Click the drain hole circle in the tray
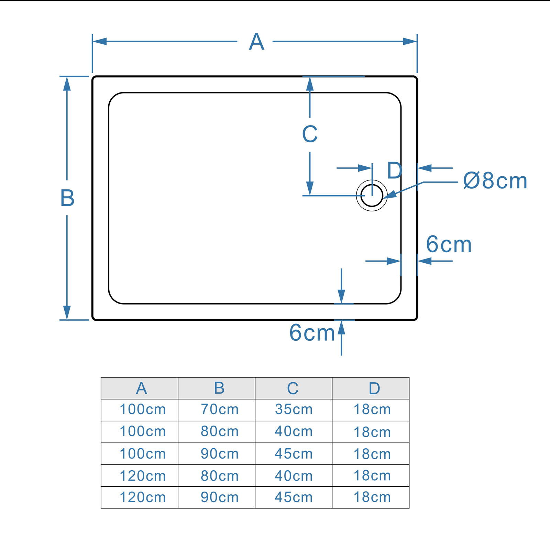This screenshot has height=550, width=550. coord(372,196)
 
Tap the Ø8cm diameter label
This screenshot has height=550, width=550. coord(495,181)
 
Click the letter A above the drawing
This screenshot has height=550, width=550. coord(256,42)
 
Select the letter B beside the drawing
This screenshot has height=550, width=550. coord(67,198)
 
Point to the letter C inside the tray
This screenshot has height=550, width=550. coord(310,134)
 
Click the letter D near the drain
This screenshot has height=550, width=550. coord(394,170)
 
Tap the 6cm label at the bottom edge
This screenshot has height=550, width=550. coord(312,333)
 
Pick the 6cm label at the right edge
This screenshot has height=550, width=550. coord(449,244)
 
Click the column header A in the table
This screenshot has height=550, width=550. coord(141,388)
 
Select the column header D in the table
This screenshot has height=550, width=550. coord(374,388)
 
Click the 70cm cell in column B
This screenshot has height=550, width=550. coord(220,409)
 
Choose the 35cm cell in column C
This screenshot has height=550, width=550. coord(294,409)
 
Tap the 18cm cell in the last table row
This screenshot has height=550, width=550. coord(372,497)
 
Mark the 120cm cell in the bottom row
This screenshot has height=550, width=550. coord(143,497)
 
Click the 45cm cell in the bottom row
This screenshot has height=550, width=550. coord(294,497)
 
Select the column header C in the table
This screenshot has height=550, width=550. coord(293,388)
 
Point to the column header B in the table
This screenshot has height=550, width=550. coord(219,388)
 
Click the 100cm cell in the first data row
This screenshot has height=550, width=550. coord(143,409)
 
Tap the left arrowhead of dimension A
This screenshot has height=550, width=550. coord(100,42)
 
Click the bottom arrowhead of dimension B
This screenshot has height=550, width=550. coord(67,312)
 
